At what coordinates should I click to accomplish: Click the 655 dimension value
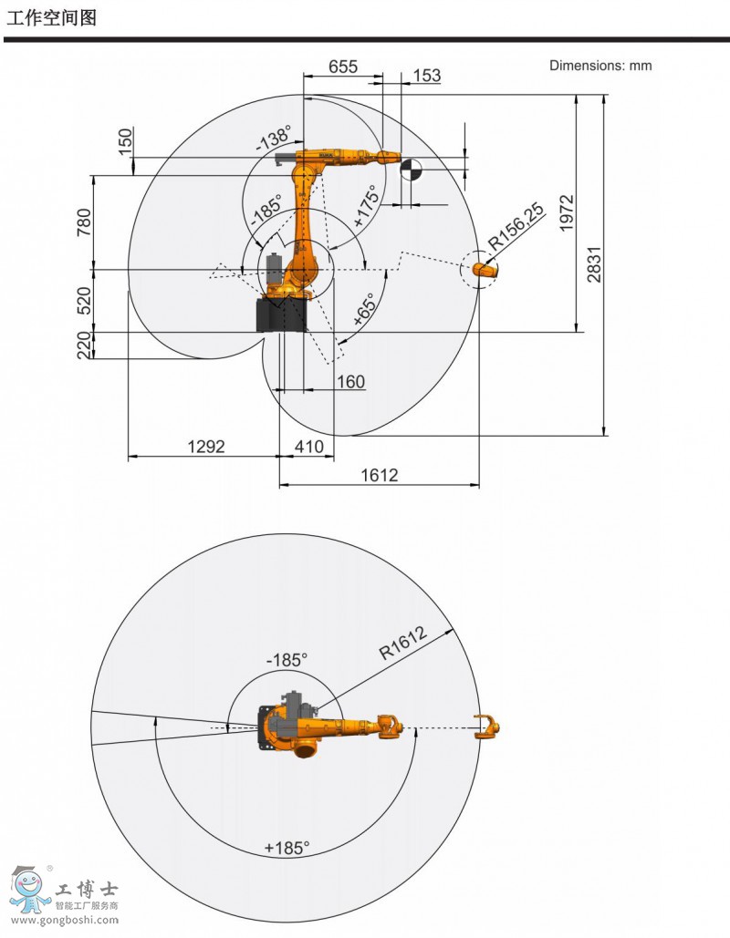[342, 66]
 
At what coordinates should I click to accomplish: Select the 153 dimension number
[426, 76]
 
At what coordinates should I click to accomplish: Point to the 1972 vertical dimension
[567, 212]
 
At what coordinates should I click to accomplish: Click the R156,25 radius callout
[516, 227]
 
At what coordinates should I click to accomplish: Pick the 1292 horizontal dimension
[206, 447]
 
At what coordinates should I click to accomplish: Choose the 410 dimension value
[309, 447]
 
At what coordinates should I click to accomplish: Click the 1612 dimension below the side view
[379, 475]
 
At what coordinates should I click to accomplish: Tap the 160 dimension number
[350, 382]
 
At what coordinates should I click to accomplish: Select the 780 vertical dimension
[85, 222]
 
